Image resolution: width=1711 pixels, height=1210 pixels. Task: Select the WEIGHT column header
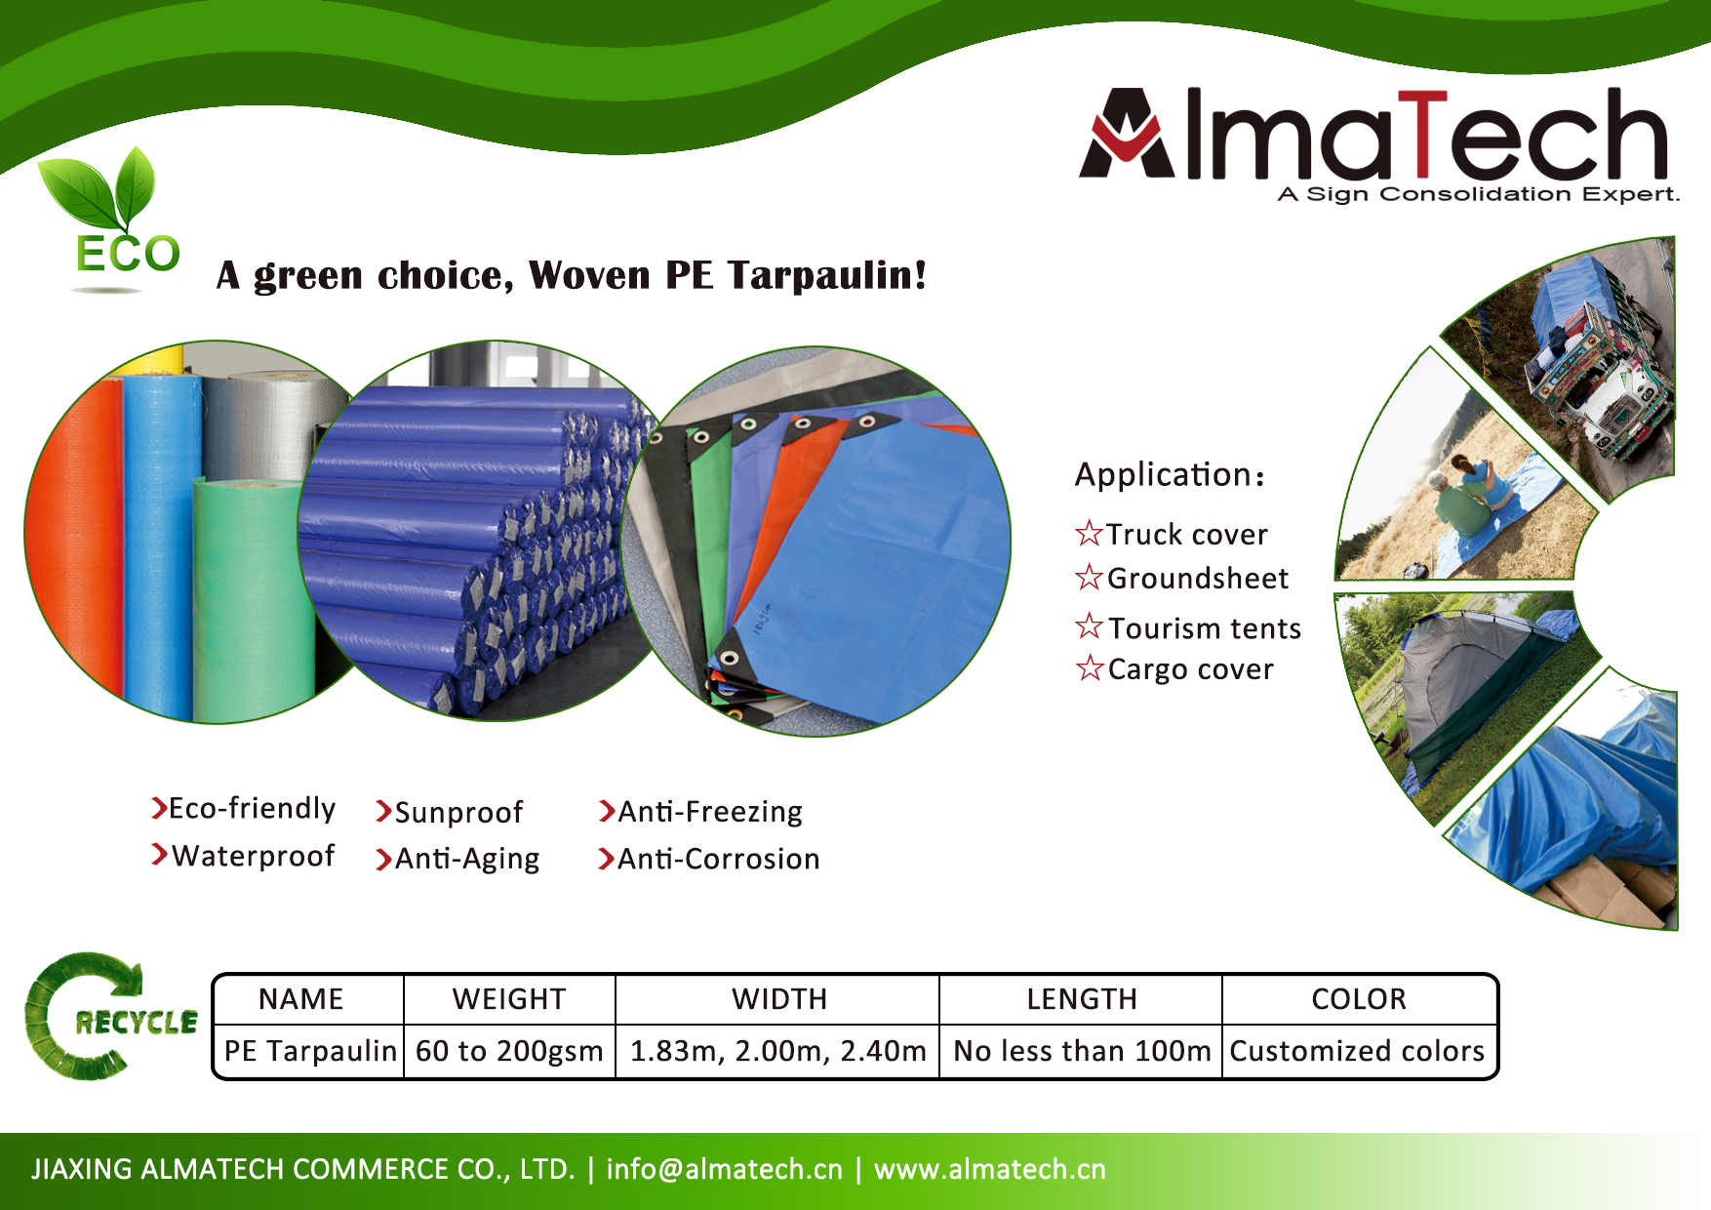pos(509,999)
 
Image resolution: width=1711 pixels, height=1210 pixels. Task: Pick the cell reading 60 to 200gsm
pos(509,1051)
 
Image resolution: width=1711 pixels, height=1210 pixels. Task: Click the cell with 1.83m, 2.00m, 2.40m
pos(777,1051)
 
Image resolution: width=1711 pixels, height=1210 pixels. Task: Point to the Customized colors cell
pos(1357,1051)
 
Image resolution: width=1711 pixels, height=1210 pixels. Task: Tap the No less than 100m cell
pos(1082,1051)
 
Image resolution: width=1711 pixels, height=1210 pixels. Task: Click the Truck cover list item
pos(1171,534)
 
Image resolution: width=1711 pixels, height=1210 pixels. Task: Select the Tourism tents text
pos(1205,627)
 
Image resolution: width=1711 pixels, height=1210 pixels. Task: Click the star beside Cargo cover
pos(1090,668)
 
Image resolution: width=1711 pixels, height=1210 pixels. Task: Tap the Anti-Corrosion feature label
pos(719,859)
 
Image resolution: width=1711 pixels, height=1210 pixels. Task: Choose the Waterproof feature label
pos(254,856)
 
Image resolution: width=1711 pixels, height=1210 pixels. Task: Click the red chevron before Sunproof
pos(383,812)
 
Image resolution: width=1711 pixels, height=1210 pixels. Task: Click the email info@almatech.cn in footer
pos(724,1169)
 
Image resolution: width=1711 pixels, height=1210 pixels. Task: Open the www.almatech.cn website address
pos(990,1169)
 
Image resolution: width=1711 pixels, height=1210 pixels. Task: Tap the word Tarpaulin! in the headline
pos(827,275)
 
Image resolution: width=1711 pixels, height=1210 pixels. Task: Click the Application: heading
pos(1171,474)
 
